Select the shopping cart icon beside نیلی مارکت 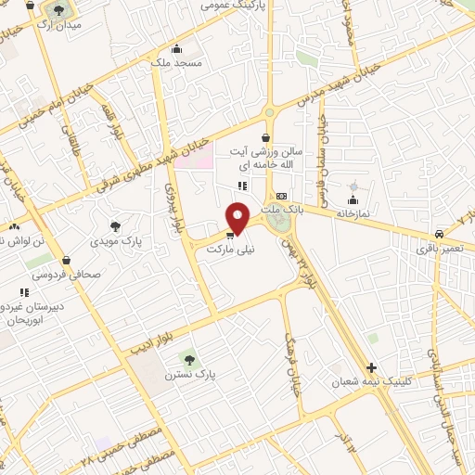point(230,236)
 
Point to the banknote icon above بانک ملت point(281,196)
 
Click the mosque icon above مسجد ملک point(176,49)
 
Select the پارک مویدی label point(115,240)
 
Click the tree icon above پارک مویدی point(115,225)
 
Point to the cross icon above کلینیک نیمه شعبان point(372,367)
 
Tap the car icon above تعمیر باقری point(438,234)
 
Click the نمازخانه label point(353,213)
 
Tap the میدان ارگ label point(58,25)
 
